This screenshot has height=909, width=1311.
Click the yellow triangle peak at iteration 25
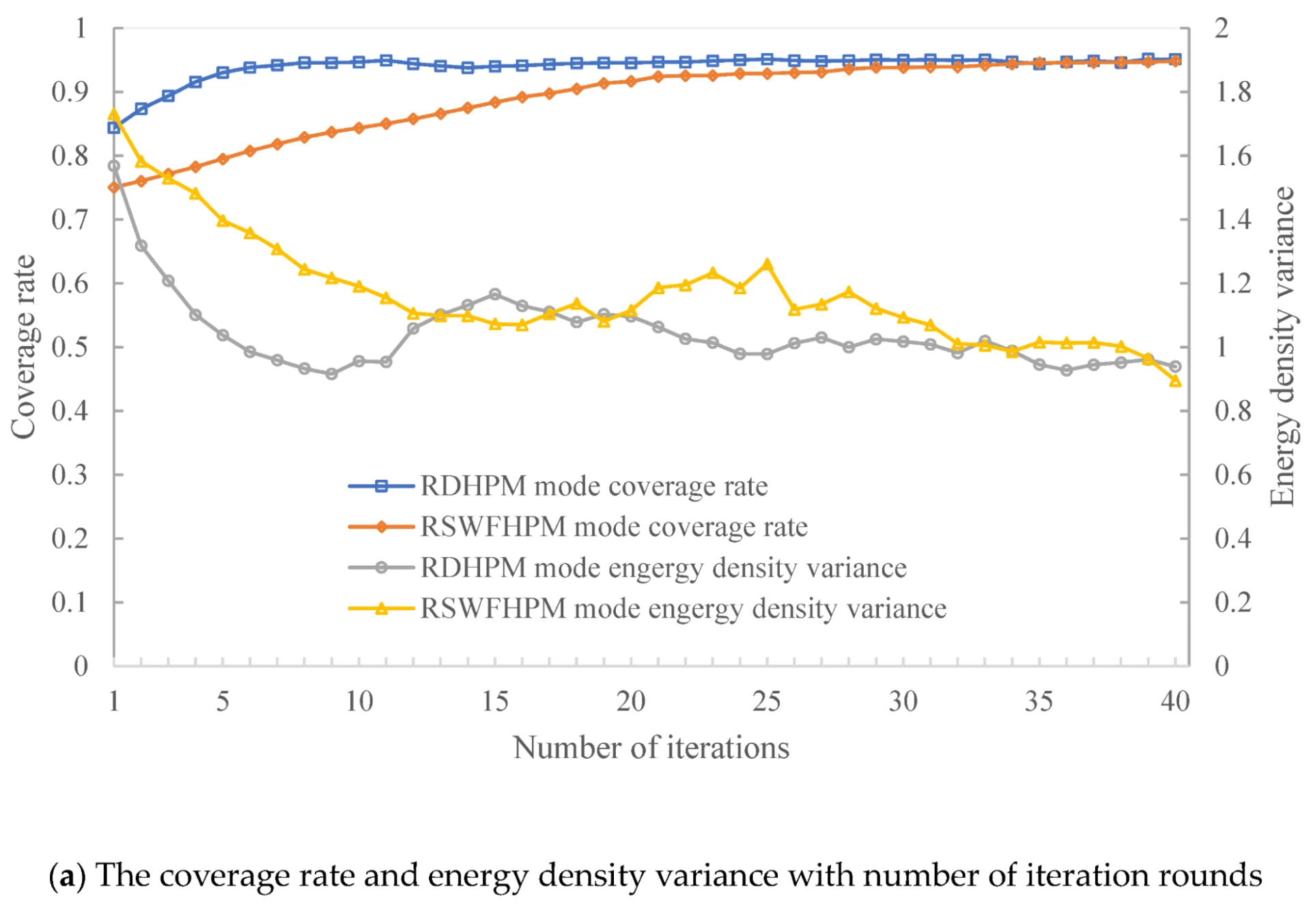pyautogui.click(x=767, y=264)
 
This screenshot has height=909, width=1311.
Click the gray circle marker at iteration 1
pyautogui.click(x=114, y=166)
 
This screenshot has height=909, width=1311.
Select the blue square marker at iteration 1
pyautogui.click(x=114, y=128)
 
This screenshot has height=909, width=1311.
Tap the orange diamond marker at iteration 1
pyautogui.click(x=114, y=187)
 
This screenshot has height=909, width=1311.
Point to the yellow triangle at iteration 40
pyautogui.click(x=1175, y=381)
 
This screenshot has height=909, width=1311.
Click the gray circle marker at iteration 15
pyautogui.click(x=495, y=294)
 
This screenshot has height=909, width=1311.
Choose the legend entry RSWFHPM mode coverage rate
pyautogui.click(x=613, y=527)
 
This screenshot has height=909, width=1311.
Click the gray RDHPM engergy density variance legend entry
pyautogui.click(x=662, y=568)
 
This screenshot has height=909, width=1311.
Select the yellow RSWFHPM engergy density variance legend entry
pyautogui.click(x=683, y=608)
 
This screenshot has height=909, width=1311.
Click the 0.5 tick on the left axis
pyautogui.click(x=70, y=347)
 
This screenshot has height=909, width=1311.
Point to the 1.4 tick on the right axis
pyautogui.click(x=1232, y=219)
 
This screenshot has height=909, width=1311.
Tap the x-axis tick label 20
pyautogui.click(x=630, y=701)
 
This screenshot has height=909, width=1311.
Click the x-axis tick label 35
pyautogui.click(x=1039, y=701)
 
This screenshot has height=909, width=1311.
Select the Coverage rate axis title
pyautogui.click(x=23, y=347)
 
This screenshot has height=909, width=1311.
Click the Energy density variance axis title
pyautogui.click(x=1282, y=347)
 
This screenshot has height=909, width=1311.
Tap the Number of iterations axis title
pyautogui.click(x=651, y=748)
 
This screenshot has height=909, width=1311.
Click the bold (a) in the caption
pyautogui.click(x=67, y=876)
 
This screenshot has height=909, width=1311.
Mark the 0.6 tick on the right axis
pyautogui.click(x=1232, y=474)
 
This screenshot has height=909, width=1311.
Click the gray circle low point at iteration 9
pyautogui.click(x=332, y=373)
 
